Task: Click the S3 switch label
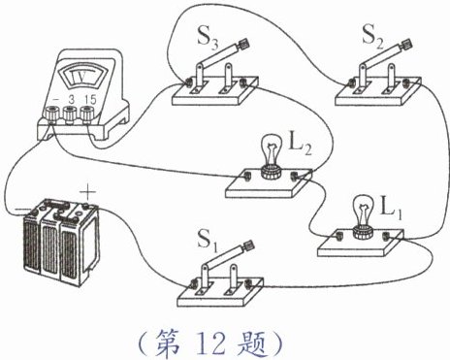(208, 41)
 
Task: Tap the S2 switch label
(372, 38)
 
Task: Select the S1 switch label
(208, 241)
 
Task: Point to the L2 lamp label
(300, 147)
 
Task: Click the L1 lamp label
(391, 210)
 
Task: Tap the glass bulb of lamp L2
(271, 149)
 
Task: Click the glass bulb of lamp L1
(364, 211)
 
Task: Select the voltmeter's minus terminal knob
(52, 114)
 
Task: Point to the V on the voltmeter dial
(79, 77)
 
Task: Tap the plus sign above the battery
(88, 193)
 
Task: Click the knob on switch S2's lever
(406, 44)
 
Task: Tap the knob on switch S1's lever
(248, 245)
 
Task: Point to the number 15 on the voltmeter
(91, 100)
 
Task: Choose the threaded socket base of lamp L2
(271, 172)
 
